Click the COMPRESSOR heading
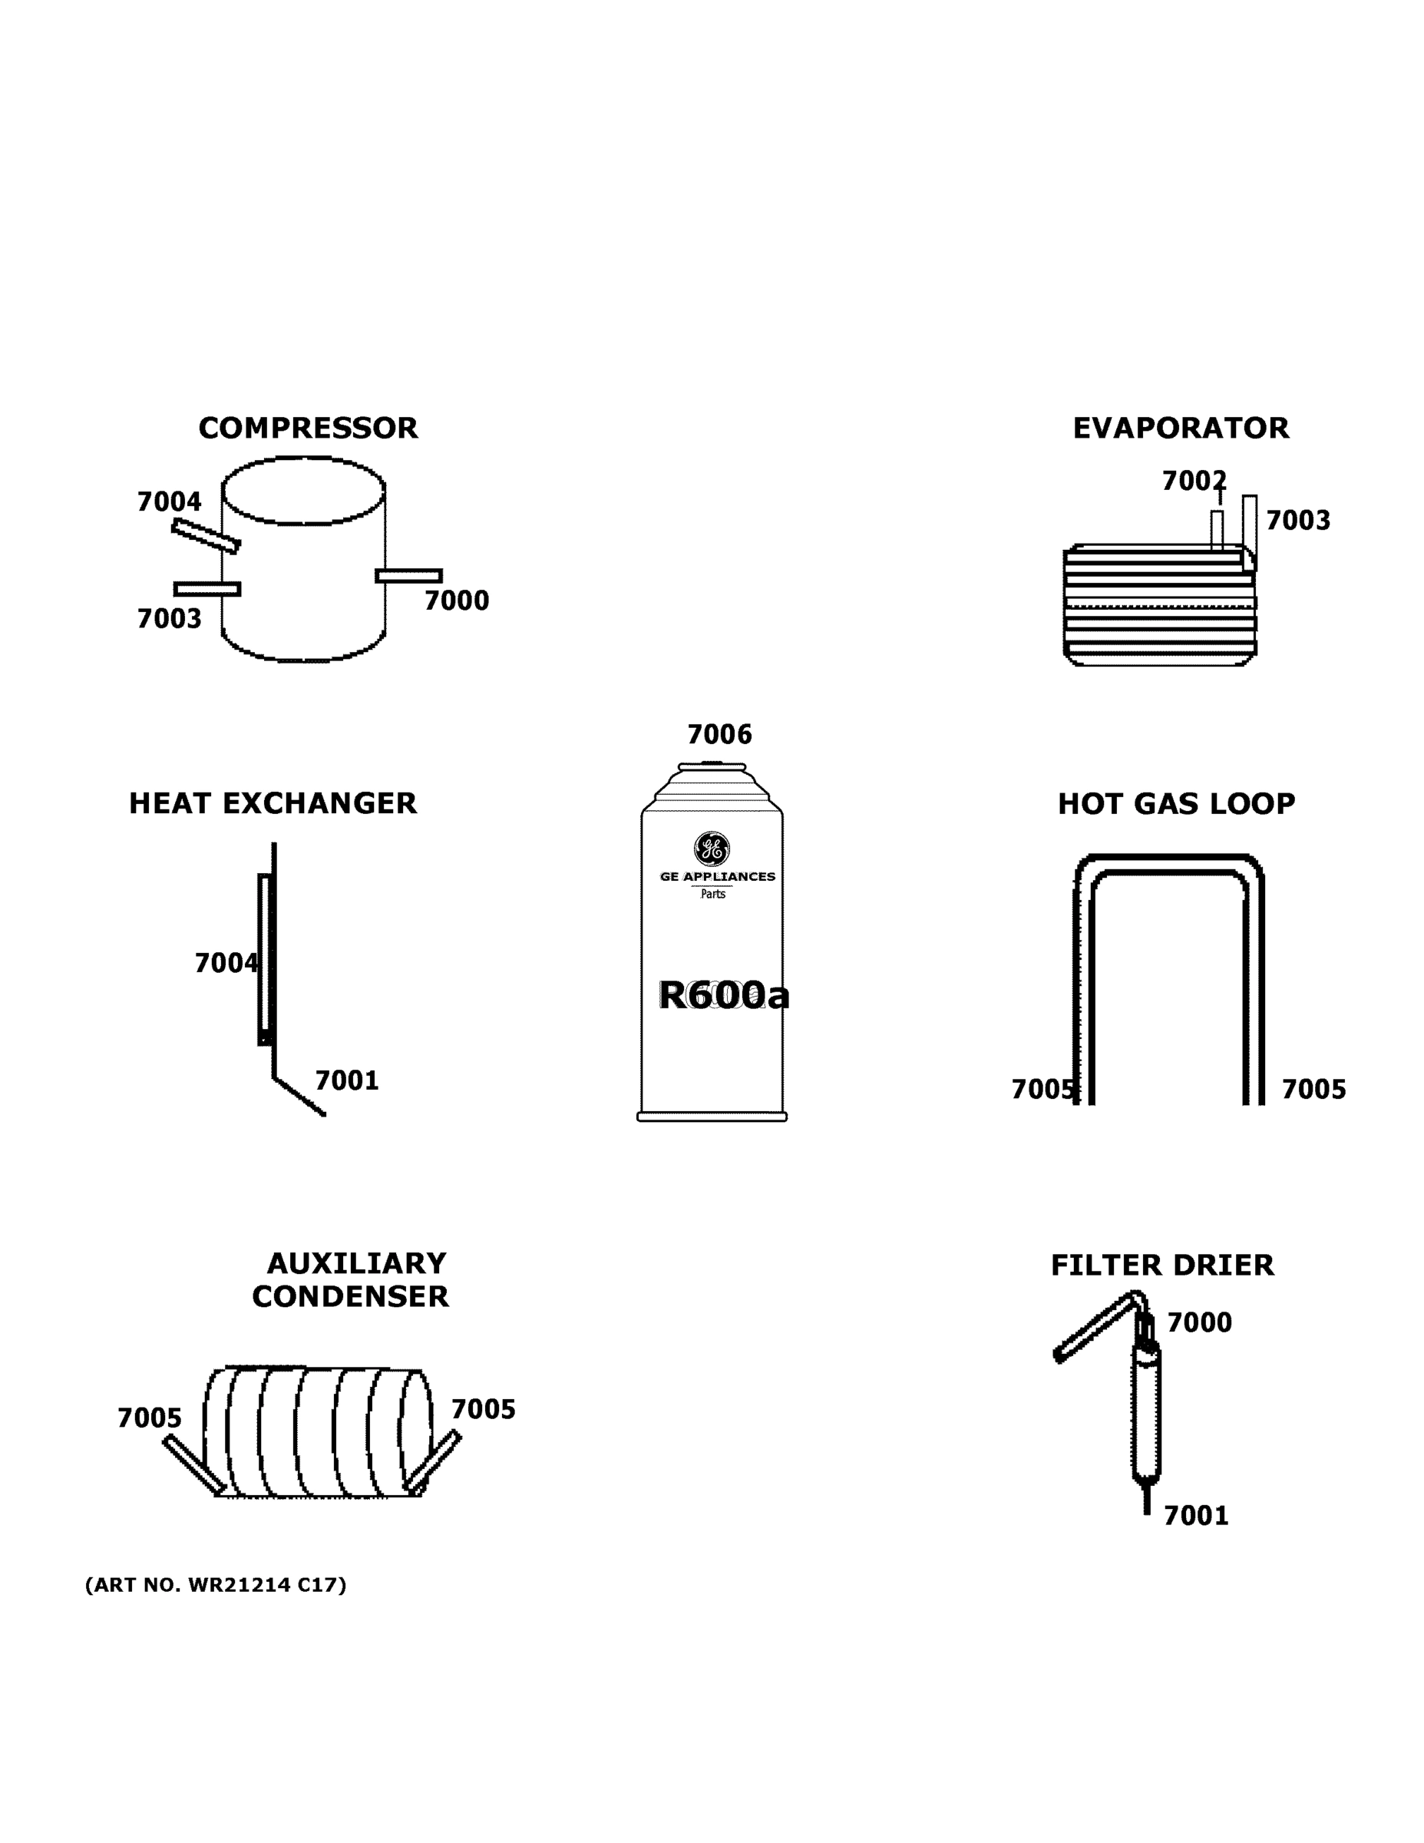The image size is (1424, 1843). point(308,428)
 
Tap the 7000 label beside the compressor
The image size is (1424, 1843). point(457,601)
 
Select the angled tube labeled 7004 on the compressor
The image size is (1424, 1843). point(206,536)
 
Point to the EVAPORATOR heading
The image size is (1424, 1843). point(1180,428)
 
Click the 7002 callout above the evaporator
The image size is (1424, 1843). point(1193,481)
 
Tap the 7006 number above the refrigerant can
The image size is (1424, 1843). point(719,734)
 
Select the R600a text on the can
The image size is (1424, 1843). point(723,996)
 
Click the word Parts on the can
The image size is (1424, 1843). point(713,895)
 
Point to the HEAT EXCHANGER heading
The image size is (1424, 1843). point(273,803)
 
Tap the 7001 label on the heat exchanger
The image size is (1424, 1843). point(347,1080)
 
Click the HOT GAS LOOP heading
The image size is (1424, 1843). point(1176,804)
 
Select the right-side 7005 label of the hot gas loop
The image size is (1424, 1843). point(1313,1090)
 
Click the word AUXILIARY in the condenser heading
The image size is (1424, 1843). point(356,1263)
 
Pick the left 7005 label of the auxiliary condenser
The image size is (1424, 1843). point(150,1418)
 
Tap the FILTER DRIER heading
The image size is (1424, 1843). point(1161,1266)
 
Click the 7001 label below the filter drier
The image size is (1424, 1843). point(1195,1516)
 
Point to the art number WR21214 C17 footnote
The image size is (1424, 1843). point(216,1585)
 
